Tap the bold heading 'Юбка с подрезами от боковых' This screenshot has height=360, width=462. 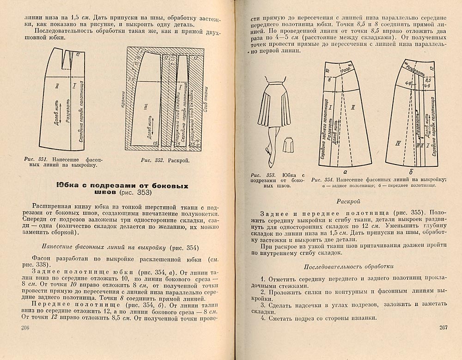coord(122,185)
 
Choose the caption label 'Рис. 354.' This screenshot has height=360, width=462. coord(322,179)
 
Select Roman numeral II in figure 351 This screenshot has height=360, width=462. coord(57,86)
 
